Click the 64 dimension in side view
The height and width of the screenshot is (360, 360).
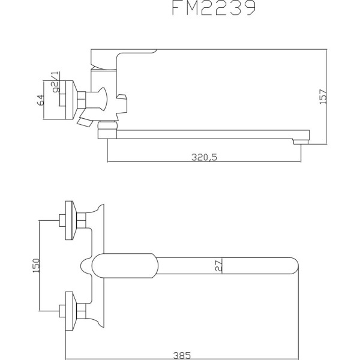[41, 100]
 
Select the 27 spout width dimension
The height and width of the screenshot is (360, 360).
[219, 265]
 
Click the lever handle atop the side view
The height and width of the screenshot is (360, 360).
[123, 58]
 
